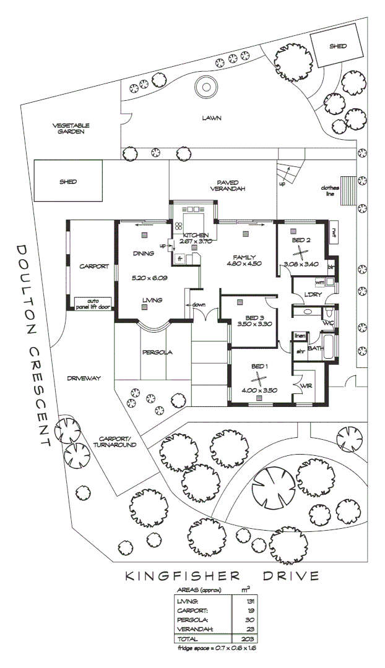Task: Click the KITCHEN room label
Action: (196, 234)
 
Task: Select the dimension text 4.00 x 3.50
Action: (260, 390)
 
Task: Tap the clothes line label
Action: (329, 191)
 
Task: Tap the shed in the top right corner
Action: (337, 46)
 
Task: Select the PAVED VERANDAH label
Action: (223, 186)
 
